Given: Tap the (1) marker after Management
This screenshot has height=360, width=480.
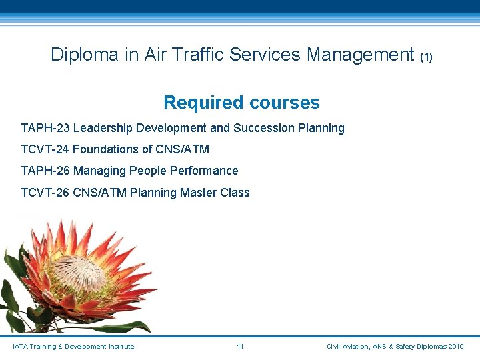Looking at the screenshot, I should click(426, 57).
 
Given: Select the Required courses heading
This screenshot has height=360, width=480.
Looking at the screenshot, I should click(241, 103).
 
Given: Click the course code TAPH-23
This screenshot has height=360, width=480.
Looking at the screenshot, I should click(45, 128).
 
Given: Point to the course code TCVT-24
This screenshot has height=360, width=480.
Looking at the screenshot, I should click(45, 149).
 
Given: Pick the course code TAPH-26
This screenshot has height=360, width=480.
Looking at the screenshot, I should click(45, 171).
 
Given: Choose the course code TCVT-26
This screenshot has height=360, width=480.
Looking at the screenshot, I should click(45, 193).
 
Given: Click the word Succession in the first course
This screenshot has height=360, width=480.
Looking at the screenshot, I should click(260, 128).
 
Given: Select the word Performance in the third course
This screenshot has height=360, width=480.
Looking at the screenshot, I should click(204, 171).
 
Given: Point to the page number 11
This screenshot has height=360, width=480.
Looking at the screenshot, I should click(240, 347).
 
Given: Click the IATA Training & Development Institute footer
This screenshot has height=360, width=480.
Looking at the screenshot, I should click(73, 347).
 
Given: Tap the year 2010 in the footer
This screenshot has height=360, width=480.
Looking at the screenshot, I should click(456, 347).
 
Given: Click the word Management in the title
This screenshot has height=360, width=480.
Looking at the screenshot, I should click(361, 55).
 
